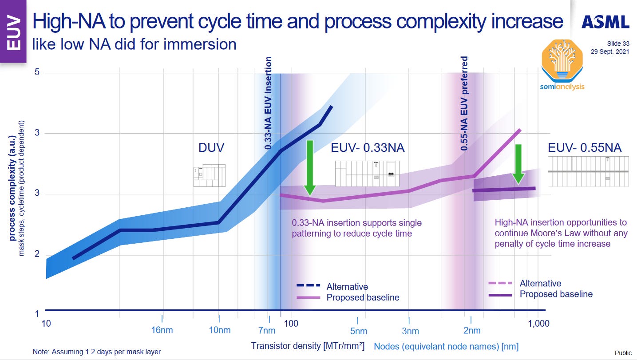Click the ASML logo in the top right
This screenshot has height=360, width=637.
[605, 22]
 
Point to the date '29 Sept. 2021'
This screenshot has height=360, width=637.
[609, 51]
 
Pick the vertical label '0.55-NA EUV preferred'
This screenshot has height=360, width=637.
[464, 103]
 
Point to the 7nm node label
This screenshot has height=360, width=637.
[266, 330]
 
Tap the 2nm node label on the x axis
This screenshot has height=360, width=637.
[471, 330]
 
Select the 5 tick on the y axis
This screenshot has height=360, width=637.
[38, 72]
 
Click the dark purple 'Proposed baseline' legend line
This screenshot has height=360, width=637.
[501, 294]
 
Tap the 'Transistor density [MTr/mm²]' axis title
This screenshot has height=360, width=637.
[308, 346]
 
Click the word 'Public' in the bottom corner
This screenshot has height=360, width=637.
[623, 352]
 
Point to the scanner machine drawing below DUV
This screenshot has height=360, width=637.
[209, 175]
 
